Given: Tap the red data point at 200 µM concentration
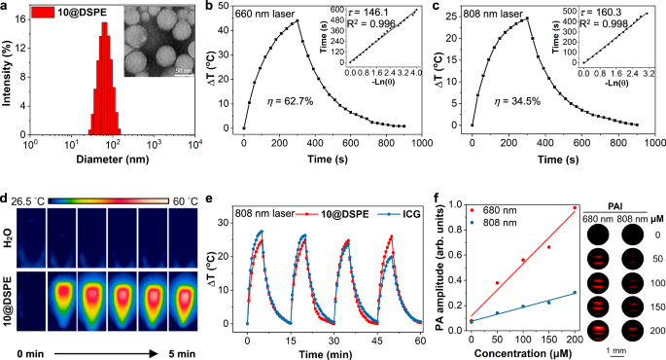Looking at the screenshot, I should (x=575, y=207).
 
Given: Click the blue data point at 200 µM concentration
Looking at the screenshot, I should (x=575, y=292).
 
